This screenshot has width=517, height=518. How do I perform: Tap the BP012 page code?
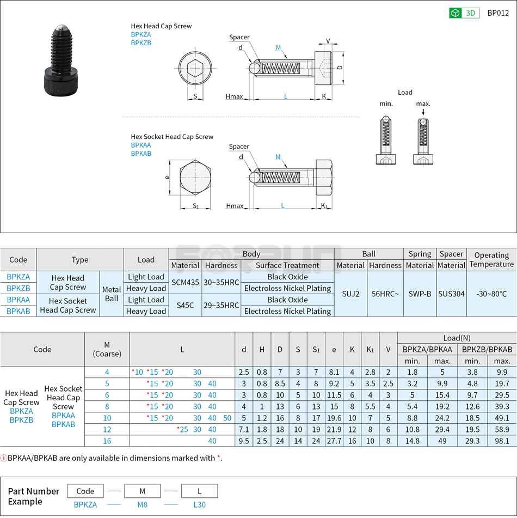coord(497,13)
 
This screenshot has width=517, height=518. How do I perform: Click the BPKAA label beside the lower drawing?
coord(141,145)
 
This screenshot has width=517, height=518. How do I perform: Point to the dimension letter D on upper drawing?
coord(340,68)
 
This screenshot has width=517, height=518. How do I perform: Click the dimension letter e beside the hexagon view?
coord(167,177)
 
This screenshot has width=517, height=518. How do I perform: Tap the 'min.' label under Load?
coord(386,103)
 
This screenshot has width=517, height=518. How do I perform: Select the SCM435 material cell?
coord(185,283)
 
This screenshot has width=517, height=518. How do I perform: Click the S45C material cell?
coord(185,306)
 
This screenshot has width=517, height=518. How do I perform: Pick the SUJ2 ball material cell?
coord(350,294)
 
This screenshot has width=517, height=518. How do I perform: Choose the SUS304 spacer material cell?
coord(451,294)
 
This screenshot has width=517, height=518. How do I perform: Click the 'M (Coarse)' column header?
coord(107,349)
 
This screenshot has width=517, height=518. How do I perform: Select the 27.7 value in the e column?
coord(334,441)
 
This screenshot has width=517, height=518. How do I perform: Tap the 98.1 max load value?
coord(501,441)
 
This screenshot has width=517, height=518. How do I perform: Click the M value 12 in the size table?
coord(107,429)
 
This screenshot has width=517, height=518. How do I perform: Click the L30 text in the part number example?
coord(199,504)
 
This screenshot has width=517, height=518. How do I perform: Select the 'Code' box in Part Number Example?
coord(85,491)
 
